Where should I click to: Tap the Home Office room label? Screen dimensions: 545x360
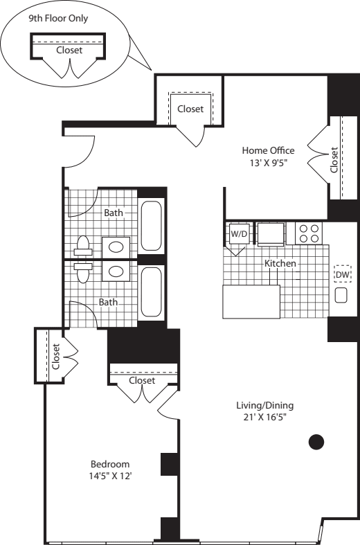(x=268, y=150)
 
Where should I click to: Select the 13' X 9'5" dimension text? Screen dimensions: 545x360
(x=268, y=163)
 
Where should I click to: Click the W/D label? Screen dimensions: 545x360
(x=238, y=234)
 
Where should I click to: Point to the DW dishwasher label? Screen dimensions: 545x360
(x=343, y=275)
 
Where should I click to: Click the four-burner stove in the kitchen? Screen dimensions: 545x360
(x=308, y=233)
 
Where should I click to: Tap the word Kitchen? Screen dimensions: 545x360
(x=280, y=264)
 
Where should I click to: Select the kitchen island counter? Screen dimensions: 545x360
(x=251, y=301)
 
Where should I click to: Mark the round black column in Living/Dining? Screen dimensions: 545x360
(x=316, y=440)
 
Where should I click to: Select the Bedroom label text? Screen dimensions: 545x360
(x=111, y=463)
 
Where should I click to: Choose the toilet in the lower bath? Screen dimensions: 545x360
(x=82, y=273)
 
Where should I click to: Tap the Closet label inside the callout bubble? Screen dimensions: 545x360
(x=69, y=50)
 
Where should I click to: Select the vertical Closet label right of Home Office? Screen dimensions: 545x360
(x=334, y=160)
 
